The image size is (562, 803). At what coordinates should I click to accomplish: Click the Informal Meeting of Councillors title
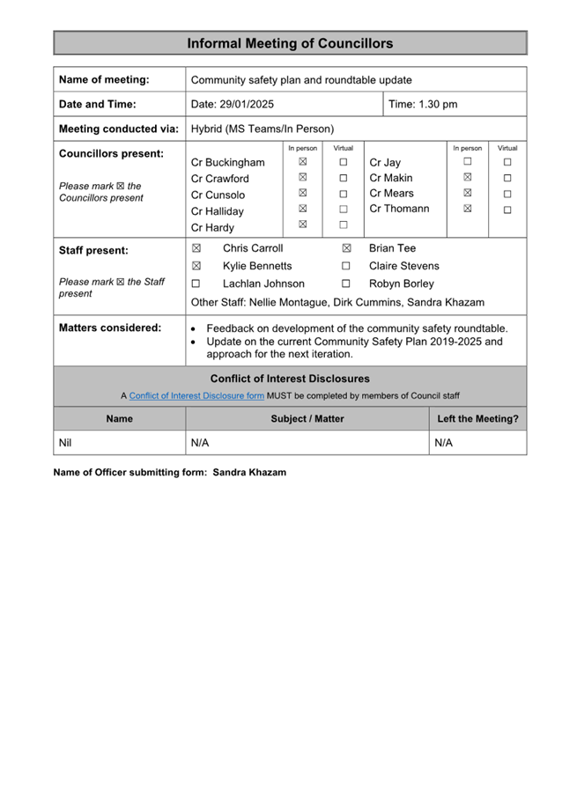click(290, 43)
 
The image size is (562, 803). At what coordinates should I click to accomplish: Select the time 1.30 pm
click(423, 104)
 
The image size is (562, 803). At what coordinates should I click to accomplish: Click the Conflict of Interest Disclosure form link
click(196, 395)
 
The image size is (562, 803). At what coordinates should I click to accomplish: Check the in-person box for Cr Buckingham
click(302, 162)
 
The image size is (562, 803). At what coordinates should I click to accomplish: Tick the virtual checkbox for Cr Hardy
click(344, 225)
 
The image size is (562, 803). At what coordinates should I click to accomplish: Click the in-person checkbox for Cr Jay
click(467, 162)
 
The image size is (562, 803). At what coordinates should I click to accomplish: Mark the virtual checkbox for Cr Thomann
click(507, 210)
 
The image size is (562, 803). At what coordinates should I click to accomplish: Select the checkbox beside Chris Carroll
click(196, 249)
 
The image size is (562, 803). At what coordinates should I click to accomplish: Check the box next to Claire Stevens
click(346, 266)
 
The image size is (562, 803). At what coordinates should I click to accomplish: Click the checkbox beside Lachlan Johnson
click(196, 284)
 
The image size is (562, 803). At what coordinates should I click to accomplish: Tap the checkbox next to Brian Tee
click(346, 249)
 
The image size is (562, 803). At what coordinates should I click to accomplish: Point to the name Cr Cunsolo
click(218, 195)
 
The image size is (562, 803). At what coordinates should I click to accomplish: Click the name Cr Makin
click(391, 178)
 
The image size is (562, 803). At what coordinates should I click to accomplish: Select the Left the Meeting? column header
click(477, 419)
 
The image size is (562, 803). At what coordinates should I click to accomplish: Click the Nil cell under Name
click(65, 443)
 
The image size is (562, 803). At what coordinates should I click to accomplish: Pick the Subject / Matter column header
click(307, 419)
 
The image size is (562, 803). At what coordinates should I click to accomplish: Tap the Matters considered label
click(109, 328)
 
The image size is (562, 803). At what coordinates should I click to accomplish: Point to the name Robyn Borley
click(401, 284)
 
